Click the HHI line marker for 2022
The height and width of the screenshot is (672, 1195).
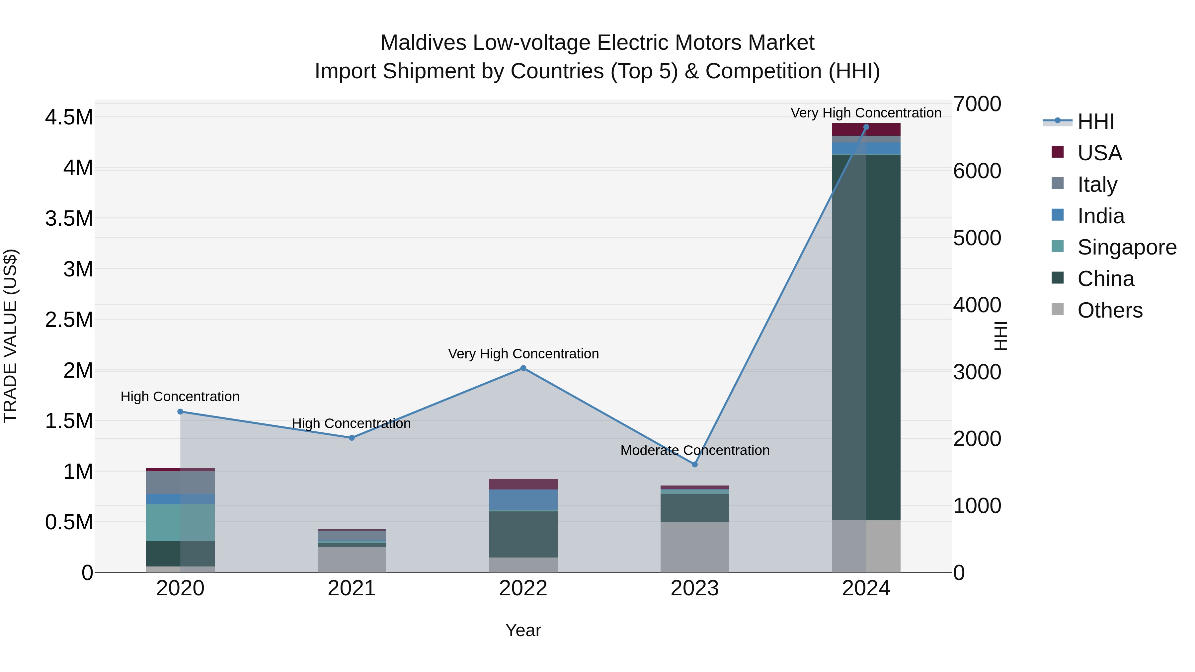523,368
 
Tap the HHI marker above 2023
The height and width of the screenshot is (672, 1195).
694,464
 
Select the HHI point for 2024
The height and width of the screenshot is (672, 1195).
866,127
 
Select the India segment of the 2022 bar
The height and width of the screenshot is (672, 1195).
523,499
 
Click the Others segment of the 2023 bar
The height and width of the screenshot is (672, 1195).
694,547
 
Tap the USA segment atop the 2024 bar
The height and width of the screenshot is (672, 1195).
866,129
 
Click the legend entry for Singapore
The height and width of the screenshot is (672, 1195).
1126,247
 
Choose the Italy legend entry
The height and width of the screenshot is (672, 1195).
1097,185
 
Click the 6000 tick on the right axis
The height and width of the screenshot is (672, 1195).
977,171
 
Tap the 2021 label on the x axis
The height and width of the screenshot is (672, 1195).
351,588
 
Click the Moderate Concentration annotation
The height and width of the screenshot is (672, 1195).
694,450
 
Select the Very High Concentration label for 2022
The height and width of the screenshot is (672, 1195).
523,354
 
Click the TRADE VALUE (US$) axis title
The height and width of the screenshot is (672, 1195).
10,336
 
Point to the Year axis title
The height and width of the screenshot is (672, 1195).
523,630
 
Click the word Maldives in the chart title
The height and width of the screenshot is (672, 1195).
423,43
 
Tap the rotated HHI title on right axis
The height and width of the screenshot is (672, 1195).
1000,336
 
